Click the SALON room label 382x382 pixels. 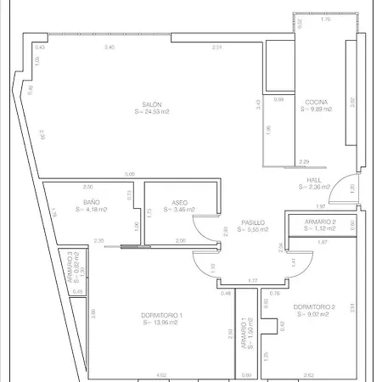[x=153, y=104]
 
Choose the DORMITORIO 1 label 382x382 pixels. [x=162, y=315]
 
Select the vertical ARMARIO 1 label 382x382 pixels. [x=244, y=334]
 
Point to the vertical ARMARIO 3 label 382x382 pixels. [x=70, y=264]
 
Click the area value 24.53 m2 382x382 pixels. [x=153, y=111]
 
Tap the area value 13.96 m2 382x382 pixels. [x=162, y=323]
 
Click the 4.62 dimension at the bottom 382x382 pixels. [x=161, y=374]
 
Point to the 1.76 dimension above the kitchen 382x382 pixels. [x=326, y=19]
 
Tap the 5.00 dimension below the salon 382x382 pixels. [x=129, y=174]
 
